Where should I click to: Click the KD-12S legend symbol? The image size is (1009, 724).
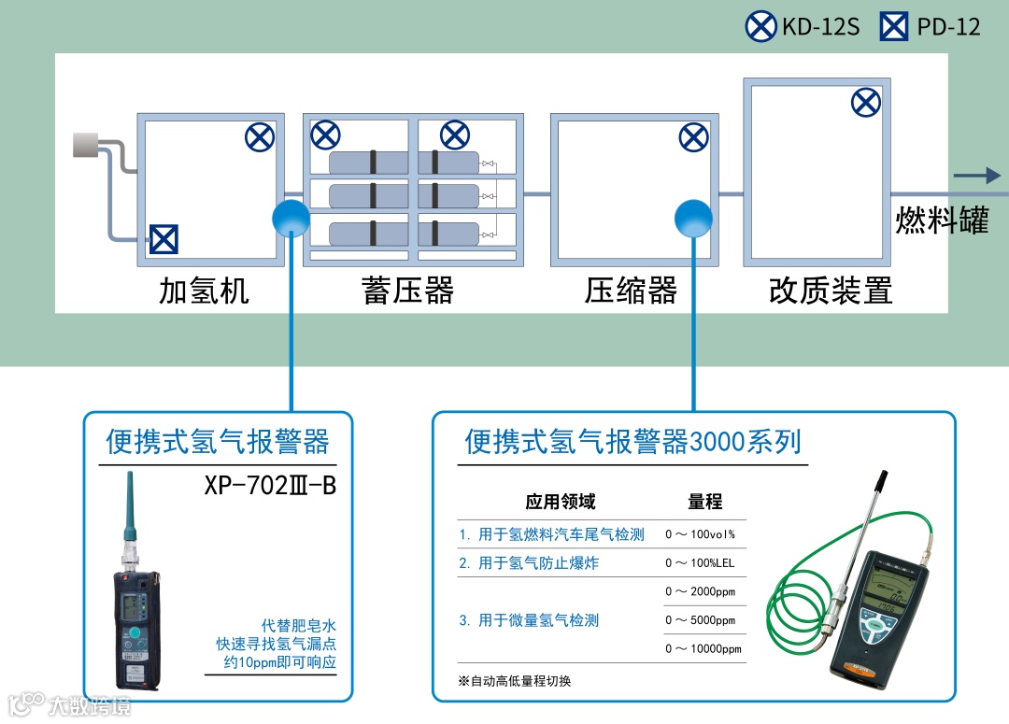pos(760,26)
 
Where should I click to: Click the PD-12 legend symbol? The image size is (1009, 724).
pos(894,26)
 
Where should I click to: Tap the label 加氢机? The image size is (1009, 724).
pos(205,291)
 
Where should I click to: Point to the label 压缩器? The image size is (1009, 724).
pos(631,291)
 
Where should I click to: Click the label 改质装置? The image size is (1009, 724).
pos(831,291)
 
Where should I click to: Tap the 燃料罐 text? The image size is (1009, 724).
pos(942,221)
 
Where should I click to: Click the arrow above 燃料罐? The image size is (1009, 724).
pos(976,176)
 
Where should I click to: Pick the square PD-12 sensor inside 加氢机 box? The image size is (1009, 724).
pos(163,240)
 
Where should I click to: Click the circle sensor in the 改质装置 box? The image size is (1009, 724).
pos(866,103)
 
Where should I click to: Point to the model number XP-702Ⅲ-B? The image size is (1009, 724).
pos(269,487)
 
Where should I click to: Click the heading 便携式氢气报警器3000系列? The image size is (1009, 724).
pos(632,441)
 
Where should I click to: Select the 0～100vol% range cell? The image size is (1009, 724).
pos(700,535)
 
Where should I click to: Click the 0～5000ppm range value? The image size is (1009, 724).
pos(700,620)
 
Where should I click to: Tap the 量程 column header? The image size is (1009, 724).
pos(704,502)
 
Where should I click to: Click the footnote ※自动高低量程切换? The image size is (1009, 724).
pos(514,681)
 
